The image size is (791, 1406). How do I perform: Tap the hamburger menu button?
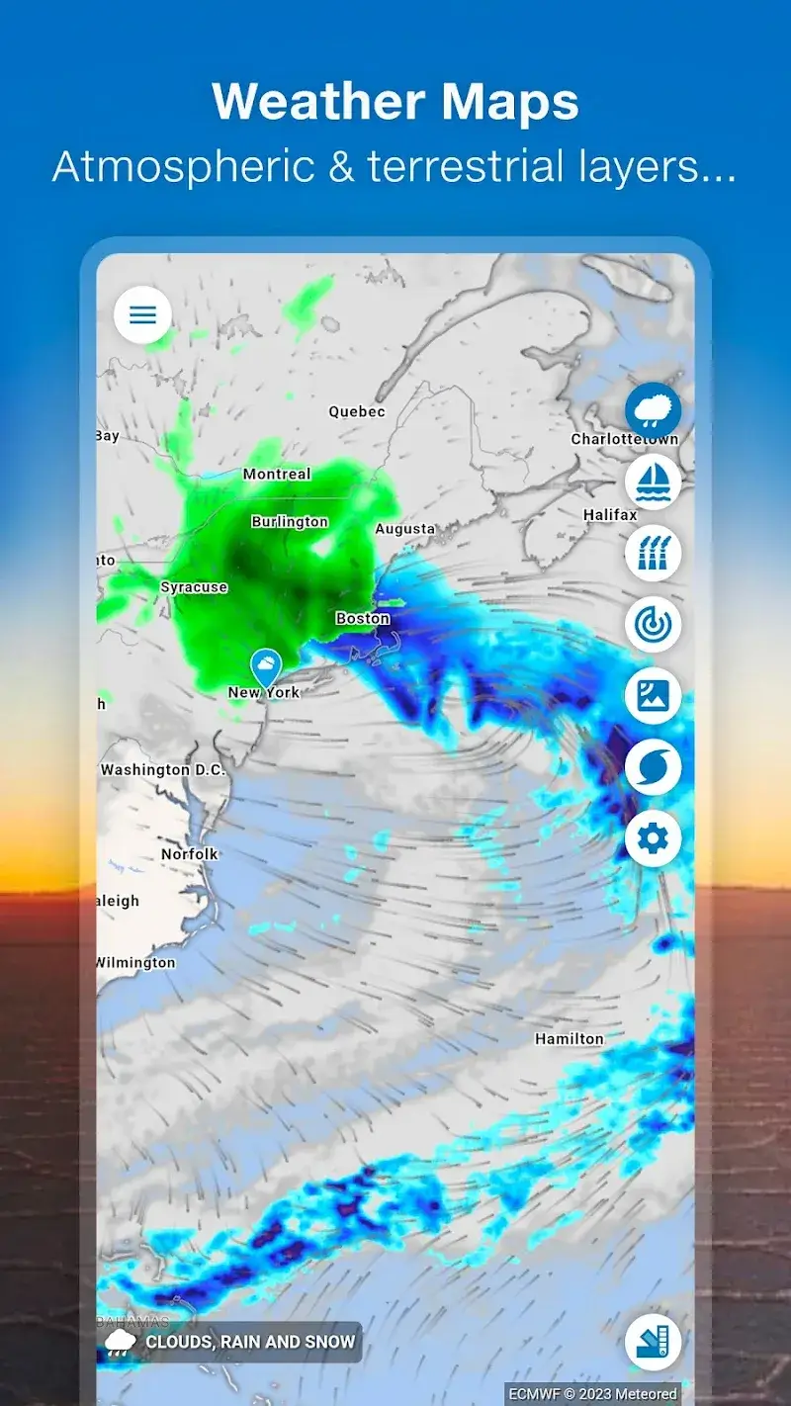pyautogui.click(x=143, y=315)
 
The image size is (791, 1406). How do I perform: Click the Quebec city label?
pyautogui.click(x=357, y=411)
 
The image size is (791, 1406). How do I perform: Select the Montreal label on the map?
pyautogui.click(x=277, y=475)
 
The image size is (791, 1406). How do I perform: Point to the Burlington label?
pyautogui.click(x=290, y=521)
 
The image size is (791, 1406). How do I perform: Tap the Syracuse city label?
pyautogui.click(x=194, y=587)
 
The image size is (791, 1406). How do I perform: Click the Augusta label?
pyautogui.click(x=405, y=529)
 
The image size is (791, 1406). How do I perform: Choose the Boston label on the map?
pyautogui.click(x=363, y=618)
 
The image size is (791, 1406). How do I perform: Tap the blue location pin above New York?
pyautogui.click(x=265, y=667)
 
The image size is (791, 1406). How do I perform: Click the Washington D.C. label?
pyautogui.click(x=163, y=769)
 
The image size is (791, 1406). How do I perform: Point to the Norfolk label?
pyautogui.click(x=190, y=853)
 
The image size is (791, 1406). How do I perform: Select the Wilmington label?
pyautogui.click(x=135, y=962)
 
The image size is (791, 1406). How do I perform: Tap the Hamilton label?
pyautogui.click(x=570, y=1039)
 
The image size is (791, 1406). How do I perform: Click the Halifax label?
pyautogui.click(x=610, y=515)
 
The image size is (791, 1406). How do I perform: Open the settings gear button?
pyautogui.click(x=653, y=838)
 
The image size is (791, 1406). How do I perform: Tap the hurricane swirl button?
pyautogui.click(x=653, y=767)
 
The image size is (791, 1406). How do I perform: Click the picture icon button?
pyautogui.click(x=653, y=695)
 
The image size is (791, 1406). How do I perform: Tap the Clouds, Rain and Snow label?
pyautogui.click(x=250, y=1342)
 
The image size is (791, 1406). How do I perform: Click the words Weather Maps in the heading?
pyautogui.click(x=395, y=102)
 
